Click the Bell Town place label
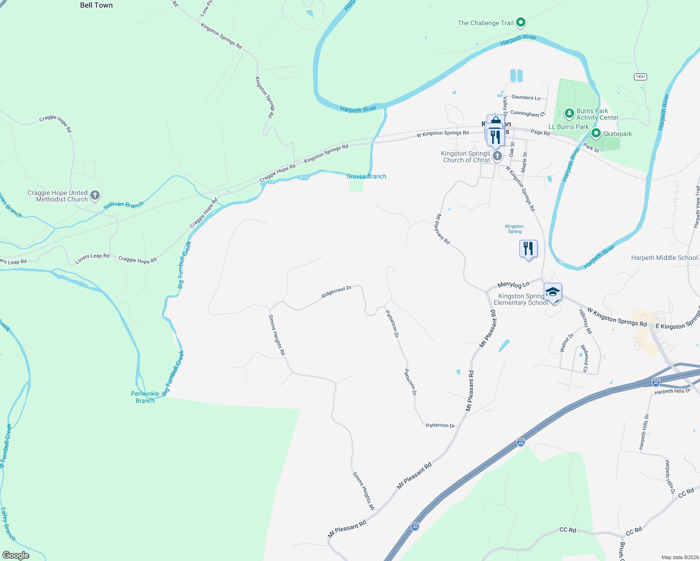tap(96, 5)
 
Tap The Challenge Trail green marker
tap(520, 22)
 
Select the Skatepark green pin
tap(596, 134)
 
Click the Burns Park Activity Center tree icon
tap(569, 113)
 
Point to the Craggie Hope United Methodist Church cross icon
tap(95, 195)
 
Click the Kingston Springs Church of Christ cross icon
tap(497, 156)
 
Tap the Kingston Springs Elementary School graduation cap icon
tap(553, 292)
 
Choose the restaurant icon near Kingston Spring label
tap(528, 248)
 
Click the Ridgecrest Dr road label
tap(336, 292)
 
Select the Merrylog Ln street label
tap(513, 284)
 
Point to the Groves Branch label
tap(366, 176)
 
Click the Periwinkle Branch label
tap(145, 397)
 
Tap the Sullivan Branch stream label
tap(124, 205)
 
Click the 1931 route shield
tap(641, 77)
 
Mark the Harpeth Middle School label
tap(664, 258)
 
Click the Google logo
tap(15, 555)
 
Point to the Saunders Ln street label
tap(526, 97)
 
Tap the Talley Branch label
tap(8, 524)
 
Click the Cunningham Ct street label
tap(528, 114)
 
